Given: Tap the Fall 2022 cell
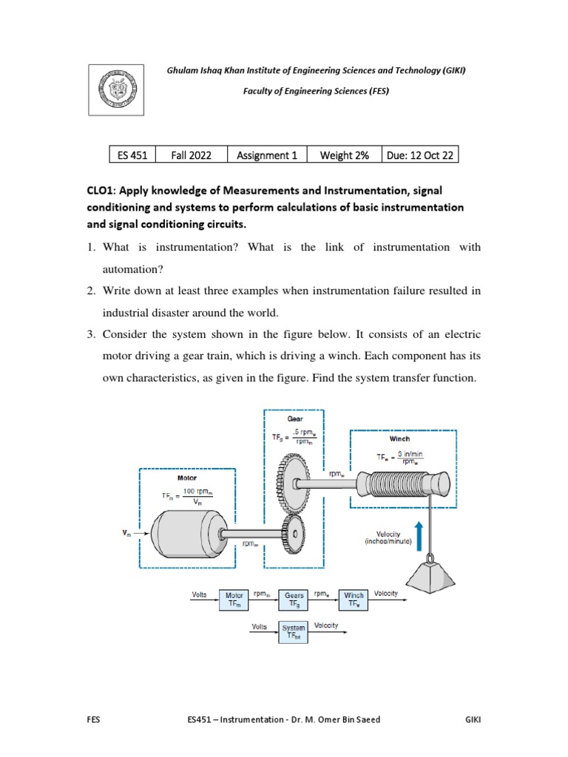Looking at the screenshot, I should [191, 155].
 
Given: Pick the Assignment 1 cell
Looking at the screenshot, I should [266, 155].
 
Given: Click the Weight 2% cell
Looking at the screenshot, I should [343, 155].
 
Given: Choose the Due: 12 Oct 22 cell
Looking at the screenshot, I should [420, 155].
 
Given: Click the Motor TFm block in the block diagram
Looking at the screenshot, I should [234, 600].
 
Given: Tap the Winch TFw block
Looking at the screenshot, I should [354, 600].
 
